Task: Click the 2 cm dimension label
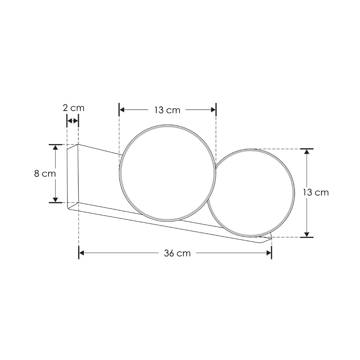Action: [x=73, y=108]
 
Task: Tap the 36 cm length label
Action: [x=177, y=253]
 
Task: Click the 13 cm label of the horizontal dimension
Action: [x=167, y=110]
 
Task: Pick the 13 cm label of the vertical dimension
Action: [x=316, y=192]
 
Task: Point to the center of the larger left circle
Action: [x=168, y=173]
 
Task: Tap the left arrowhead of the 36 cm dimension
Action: [x=82, y=253]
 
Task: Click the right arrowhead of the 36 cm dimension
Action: [x=269, y=253]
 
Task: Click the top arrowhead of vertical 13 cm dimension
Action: [x=307, y=152]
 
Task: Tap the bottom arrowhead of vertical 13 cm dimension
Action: [x=307, y=234]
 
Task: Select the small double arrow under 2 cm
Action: [x=73, y=121]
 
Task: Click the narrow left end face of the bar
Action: [x=73, y=176]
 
